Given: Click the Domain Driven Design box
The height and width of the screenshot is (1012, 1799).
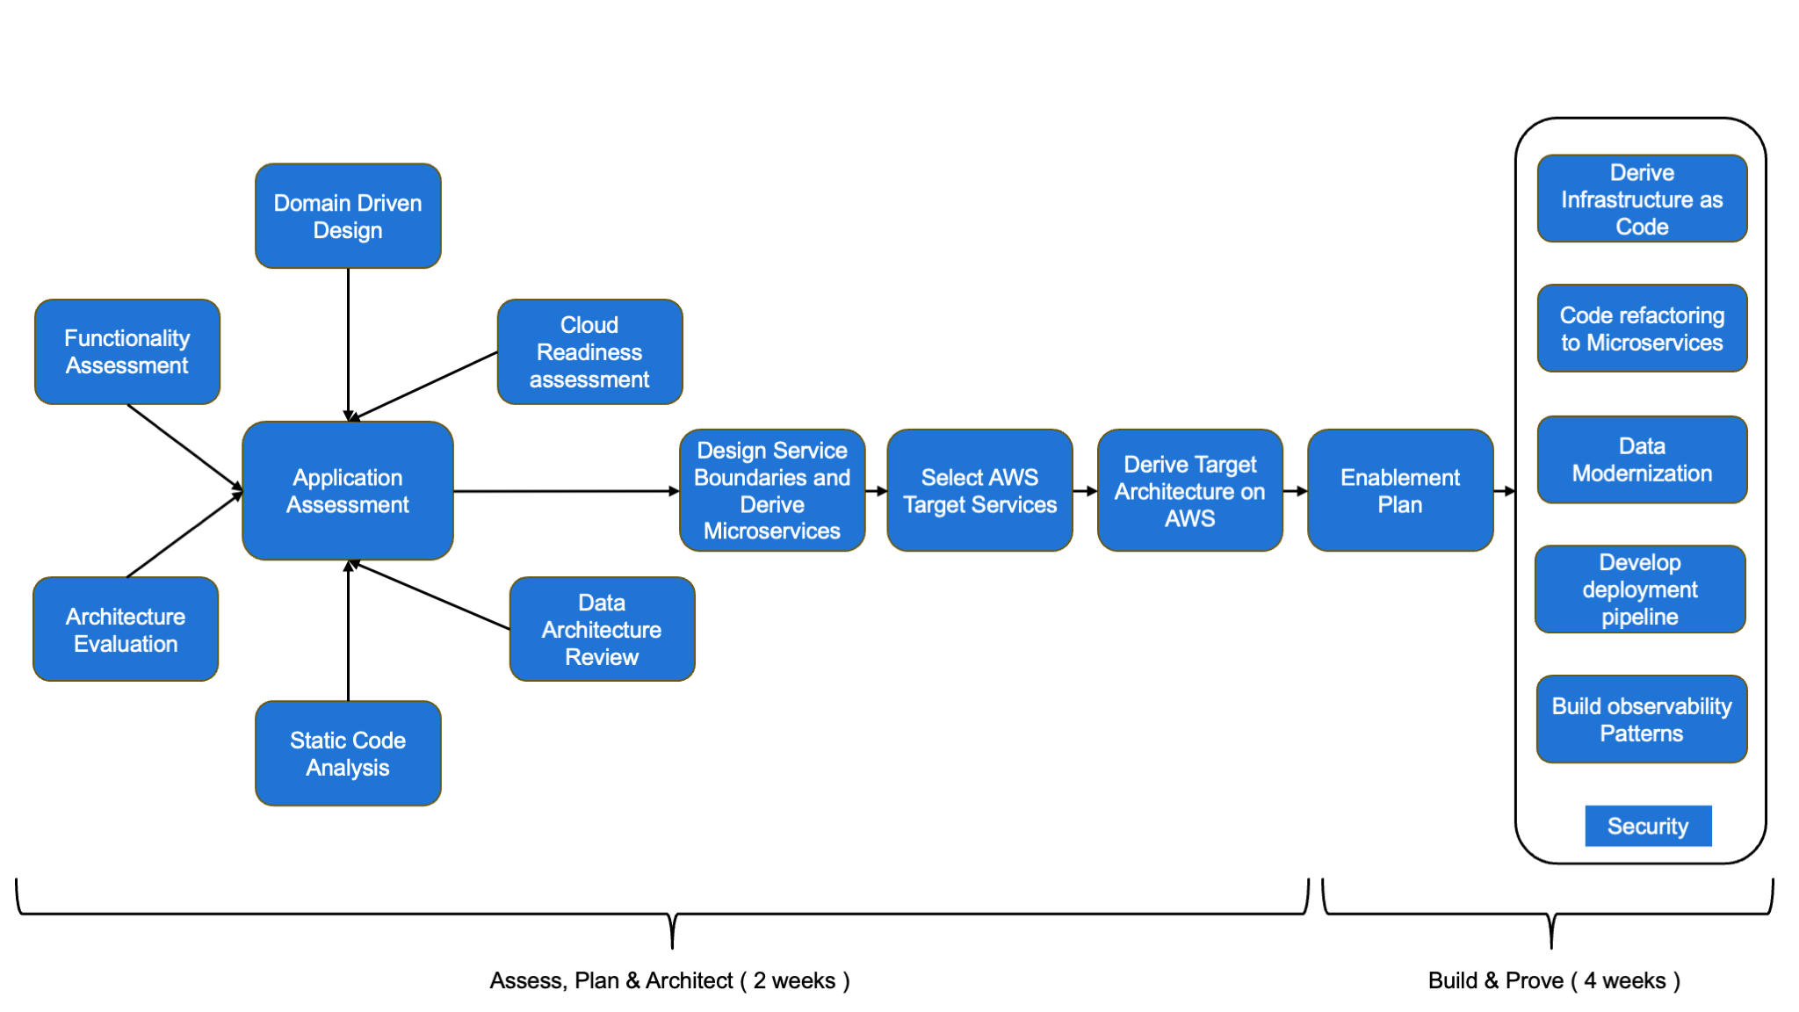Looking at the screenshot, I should [348, 216].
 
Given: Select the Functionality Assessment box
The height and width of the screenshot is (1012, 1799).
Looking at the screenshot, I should [127, 351].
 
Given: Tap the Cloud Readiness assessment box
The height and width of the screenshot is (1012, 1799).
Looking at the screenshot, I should [589, 351].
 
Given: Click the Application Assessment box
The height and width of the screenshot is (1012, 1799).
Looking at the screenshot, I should [348, 490].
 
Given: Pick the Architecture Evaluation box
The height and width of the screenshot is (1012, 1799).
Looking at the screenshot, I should [126, 629].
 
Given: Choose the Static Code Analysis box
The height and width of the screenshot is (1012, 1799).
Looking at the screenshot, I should [348, 753].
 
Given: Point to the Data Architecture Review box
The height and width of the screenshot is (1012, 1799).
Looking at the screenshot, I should [602, 629].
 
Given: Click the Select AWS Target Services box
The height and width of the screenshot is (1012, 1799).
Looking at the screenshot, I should [979, 490].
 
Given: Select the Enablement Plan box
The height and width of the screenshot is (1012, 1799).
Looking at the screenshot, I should [1400, 490].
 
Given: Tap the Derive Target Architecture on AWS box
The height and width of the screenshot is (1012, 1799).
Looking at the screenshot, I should [1189, 490].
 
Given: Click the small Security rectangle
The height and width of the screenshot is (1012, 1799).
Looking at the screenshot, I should [1648, 826].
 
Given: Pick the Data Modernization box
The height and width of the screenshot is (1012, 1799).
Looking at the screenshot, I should [1642, 459].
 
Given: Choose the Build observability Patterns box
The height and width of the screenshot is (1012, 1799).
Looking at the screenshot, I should [1641, 719].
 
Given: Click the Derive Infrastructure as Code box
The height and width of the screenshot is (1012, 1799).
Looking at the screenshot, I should [1642, 199].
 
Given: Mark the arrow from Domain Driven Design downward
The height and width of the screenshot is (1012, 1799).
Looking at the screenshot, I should [348, 343].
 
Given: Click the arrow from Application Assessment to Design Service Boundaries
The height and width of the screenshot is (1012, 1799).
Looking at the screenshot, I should [567, 491].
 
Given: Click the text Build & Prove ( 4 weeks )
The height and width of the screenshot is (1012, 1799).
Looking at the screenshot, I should [1553, 980].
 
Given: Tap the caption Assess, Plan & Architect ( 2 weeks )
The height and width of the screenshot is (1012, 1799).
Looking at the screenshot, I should [669, 980].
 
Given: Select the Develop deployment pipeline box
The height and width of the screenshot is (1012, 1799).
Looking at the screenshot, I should [1639, 589].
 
